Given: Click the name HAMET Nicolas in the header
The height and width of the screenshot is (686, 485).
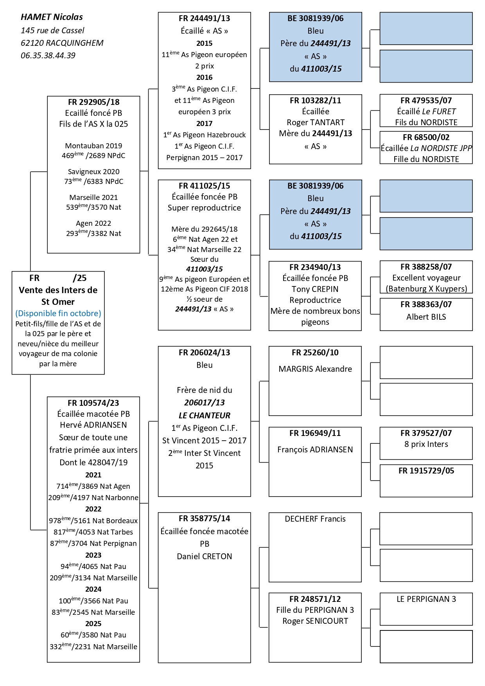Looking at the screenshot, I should click(52, 17).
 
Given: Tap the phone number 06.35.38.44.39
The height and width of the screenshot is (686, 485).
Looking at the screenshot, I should click(48, 56).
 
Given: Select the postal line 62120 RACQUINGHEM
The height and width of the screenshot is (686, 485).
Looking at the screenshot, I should click(62, 43).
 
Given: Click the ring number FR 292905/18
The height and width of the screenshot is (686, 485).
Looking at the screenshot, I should click(93, 103).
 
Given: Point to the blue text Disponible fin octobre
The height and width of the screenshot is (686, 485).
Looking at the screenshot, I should click(58, 313).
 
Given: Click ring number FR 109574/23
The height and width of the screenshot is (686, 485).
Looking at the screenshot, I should click(93, 403).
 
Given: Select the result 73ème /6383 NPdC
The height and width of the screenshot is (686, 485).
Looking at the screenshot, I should click(93, 182).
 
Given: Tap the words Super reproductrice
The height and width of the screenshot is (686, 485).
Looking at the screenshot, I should click(204, 208).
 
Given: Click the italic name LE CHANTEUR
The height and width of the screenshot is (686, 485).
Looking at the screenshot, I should click(204, 416).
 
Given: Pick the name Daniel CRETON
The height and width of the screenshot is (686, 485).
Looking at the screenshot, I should click(204, 556).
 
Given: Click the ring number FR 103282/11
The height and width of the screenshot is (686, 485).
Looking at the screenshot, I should click(315, 101).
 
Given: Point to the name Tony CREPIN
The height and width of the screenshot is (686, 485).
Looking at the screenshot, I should click(315, 289).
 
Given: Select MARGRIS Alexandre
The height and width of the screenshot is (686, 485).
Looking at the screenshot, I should click(315, 369).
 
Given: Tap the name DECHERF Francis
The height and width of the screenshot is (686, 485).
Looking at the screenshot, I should click(315, 519).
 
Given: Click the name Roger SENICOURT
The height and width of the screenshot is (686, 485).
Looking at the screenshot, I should click(315, 621).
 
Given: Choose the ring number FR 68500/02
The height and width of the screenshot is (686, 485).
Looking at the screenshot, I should click(426, 137).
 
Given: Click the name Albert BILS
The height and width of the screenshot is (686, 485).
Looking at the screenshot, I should click(426, 317).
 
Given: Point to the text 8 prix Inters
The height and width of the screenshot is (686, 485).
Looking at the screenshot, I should click(426, 444).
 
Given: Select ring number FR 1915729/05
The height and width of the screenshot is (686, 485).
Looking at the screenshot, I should click(426, 471).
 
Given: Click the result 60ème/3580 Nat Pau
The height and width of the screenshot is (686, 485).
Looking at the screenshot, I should click(93, 635).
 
